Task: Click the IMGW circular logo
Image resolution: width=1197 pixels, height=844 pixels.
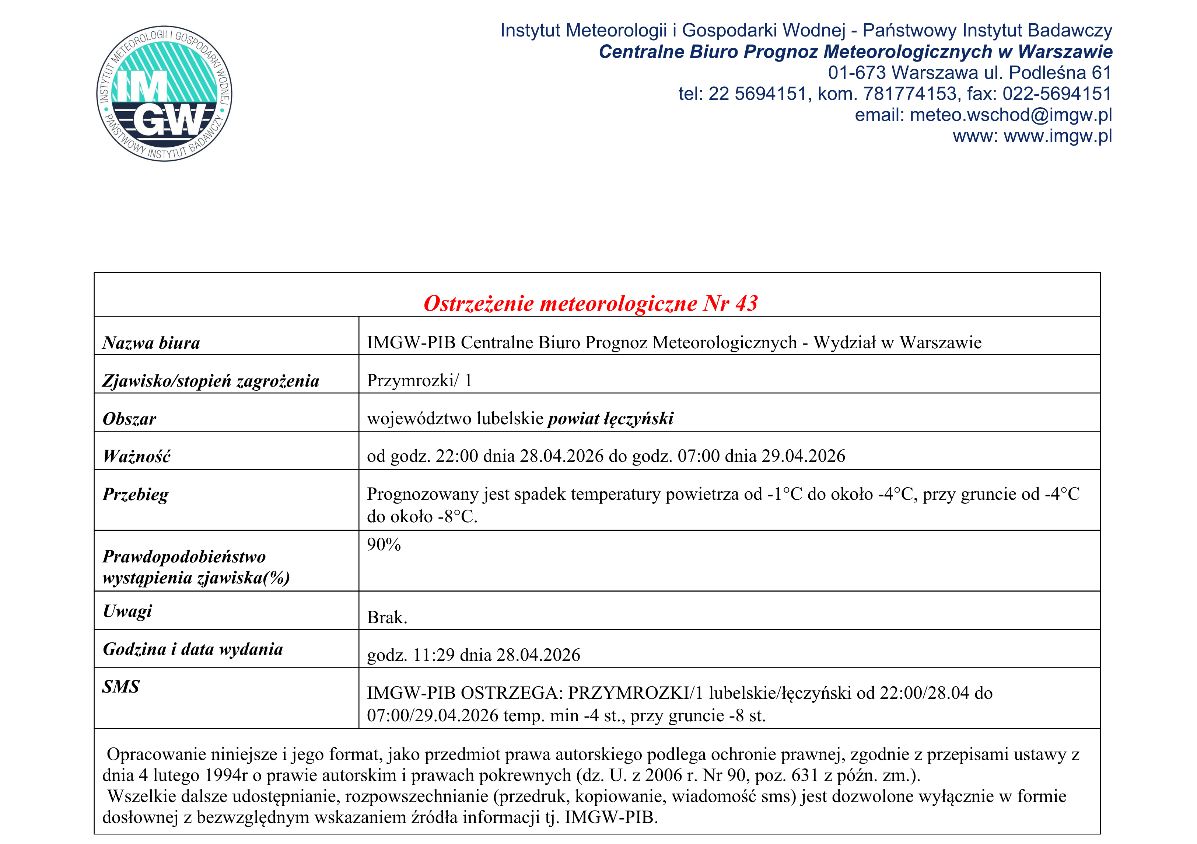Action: [164, 94]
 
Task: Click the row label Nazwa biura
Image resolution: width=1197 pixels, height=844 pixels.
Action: [151, 343]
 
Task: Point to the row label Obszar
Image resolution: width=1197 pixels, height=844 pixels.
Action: [129, 419]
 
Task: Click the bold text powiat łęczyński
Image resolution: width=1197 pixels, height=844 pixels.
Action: [610, 418]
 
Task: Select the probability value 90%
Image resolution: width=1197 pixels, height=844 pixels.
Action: [384, 545]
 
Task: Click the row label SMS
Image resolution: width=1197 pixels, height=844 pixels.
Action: [121, 687]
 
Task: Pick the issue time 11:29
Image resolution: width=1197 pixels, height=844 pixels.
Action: [434, 655]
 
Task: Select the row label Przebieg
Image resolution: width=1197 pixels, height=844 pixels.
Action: [136, 495]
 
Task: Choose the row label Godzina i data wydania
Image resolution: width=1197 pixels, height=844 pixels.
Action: [193, 649]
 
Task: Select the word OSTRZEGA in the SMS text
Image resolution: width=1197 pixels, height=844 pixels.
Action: [511, 693]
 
